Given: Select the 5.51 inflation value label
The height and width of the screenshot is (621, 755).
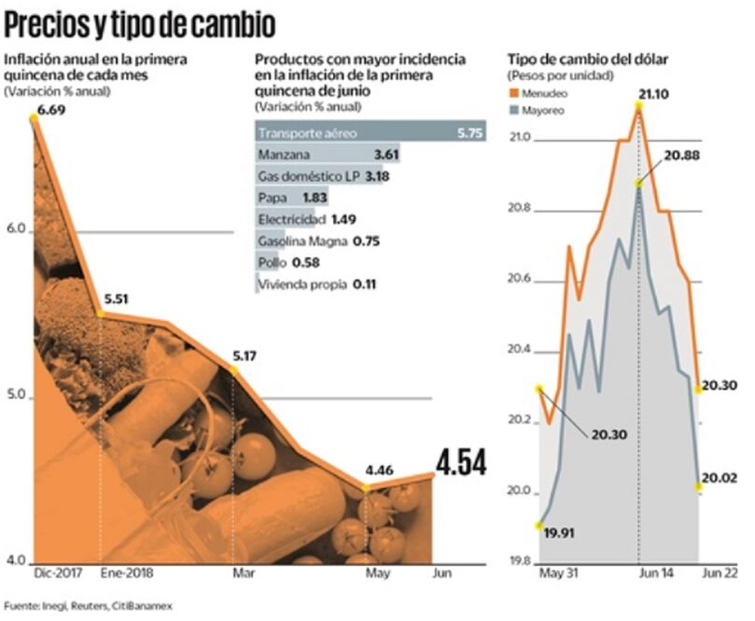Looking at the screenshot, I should pyautogui.click(x=116, y=301).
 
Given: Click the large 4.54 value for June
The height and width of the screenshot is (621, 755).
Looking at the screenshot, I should pyautogui.click(x=460, y=462).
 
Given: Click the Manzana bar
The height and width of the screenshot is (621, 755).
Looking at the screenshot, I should pyautogui.click(x=317, y=154).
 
